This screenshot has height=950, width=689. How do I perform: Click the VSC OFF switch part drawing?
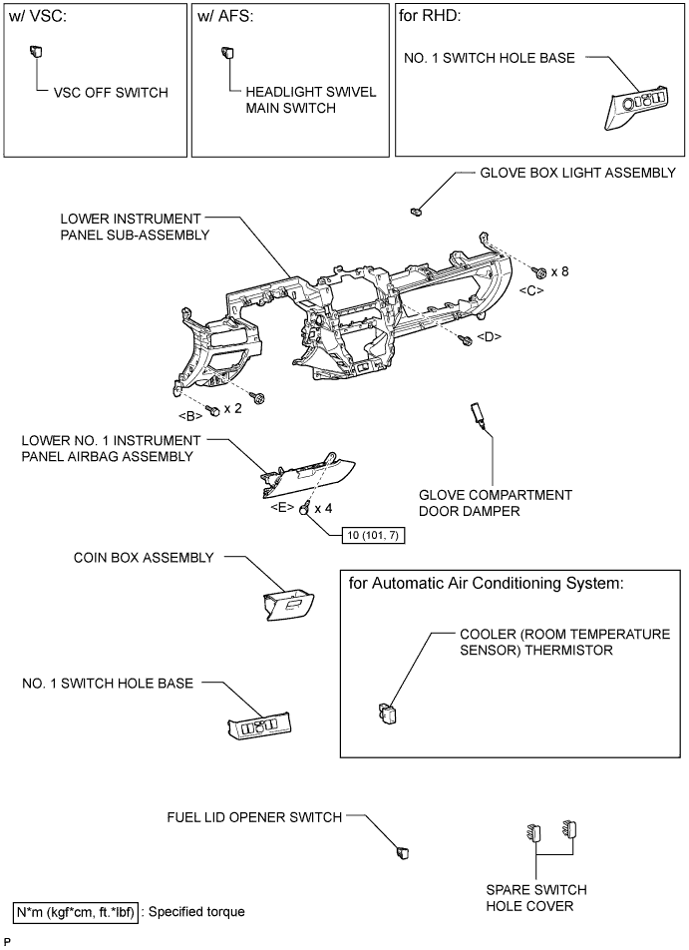coord(36,51)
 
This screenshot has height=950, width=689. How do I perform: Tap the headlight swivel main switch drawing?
coord(228,52)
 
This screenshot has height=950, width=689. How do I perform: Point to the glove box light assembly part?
coord(416,212)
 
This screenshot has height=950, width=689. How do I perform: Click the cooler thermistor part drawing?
coord(387,713)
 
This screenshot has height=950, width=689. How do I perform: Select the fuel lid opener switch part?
coord(403,852)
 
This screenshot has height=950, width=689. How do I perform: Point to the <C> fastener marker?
coord(531,290)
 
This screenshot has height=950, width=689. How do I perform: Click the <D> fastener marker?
coord(490,336)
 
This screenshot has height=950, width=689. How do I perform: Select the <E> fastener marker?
coord(283,508)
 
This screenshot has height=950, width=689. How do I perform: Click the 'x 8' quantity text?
coord(560,271)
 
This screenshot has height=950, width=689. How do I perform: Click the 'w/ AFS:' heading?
coord(225,16)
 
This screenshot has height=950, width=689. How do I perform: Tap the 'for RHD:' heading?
coord(430,16)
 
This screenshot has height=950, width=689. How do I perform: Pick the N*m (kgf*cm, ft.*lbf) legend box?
coord(76,912)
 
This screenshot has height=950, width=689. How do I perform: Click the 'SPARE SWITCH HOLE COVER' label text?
coord(536,898)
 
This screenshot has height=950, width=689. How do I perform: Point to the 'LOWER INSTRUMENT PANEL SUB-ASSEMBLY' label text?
coord(135,227)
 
